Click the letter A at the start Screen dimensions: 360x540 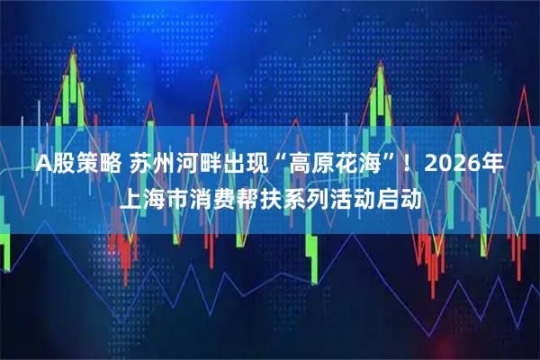(43, 165)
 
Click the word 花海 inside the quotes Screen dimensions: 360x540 (357, 165)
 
